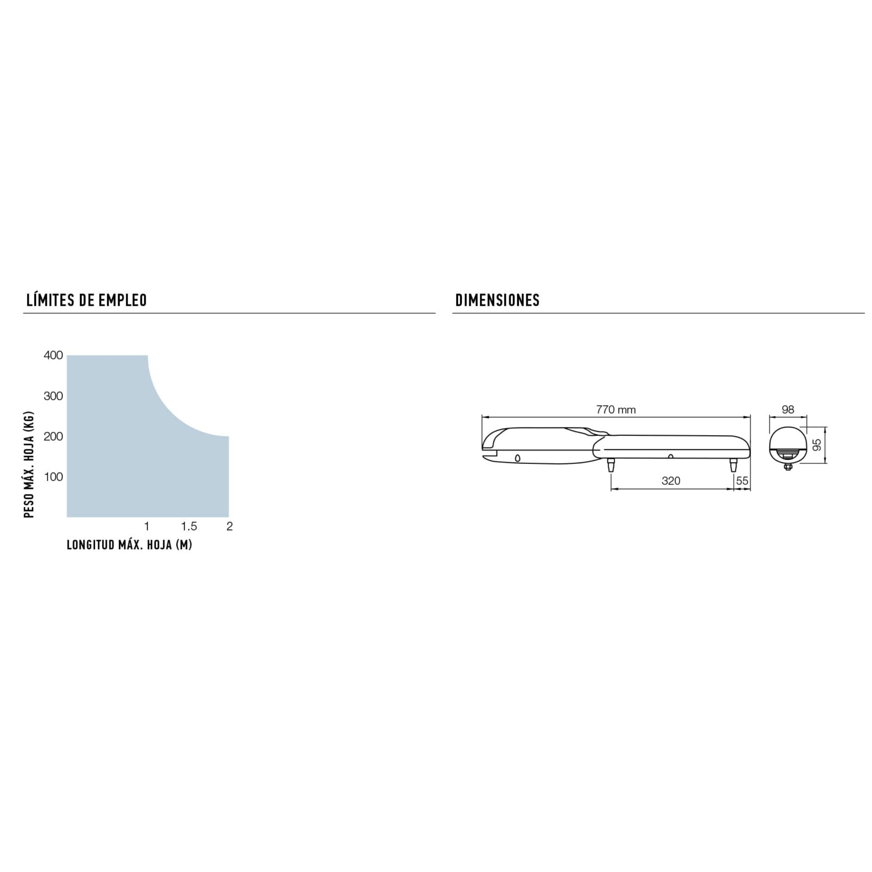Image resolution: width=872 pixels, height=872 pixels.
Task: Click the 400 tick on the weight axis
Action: (x=53, y=355)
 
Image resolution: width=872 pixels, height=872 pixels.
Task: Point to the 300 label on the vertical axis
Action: (x=53, y=396)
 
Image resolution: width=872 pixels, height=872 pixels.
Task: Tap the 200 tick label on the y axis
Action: (x=53, y=436)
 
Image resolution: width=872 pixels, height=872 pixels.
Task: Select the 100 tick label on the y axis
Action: (x=53, y=477)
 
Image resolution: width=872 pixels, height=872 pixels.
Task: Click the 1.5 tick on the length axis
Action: (x=189, y=526)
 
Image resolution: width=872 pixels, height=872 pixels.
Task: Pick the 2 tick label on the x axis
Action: (x=229, y=526)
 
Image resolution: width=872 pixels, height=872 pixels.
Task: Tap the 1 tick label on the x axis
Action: (x=147, y=526)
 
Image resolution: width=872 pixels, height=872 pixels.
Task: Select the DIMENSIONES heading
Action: (x=497, y=300)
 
